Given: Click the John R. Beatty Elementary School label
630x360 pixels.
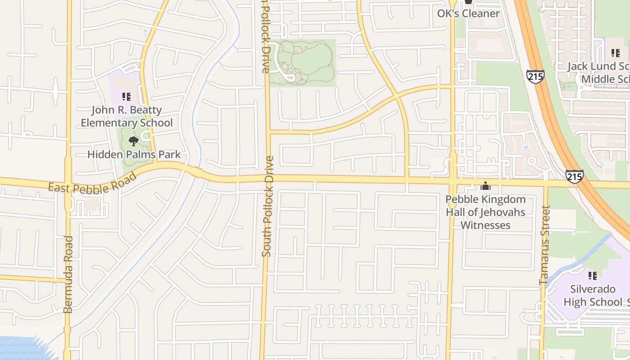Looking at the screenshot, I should pyautogui.click(x=126, y=117).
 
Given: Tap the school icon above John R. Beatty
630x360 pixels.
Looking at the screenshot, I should pyautogui.click(x=126, y=96).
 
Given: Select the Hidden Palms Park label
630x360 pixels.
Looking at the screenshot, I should pyautogui.click(x=134, y=154).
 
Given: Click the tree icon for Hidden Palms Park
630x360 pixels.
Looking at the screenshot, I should pyautogui.click(x=133, y=141).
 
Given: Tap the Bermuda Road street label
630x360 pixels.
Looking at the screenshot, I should pyautogui.click(x=68, y=274).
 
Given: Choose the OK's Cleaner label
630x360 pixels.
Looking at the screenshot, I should pyautogui.click(x=468, y=13).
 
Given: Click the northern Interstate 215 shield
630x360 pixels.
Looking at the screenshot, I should pyautogui.click(x=535, y=76).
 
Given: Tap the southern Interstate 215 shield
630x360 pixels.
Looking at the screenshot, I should pyautogui.click(x=575, y=177).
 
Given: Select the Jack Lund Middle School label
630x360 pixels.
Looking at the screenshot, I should pyautogui.click(x=598, y=73).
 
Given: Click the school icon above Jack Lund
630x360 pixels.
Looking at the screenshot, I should pyautogui.click(x=615, y=54).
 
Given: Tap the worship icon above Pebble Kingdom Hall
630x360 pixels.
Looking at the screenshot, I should pyautogui.click(x=486, y=186).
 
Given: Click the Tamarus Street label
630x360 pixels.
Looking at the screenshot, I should pyautogui.click(x=545, y=245).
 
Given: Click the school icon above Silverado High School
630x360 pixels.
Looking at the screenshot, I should pyautogui.click(x=593, y=275).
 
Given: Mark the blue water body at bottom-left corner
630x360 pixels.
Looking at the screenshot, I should pyautogui.click(x=22, y=349).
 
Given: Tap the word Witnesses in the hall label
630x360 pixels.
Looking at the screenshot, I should pyautogui.click(x=486, y=225).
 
